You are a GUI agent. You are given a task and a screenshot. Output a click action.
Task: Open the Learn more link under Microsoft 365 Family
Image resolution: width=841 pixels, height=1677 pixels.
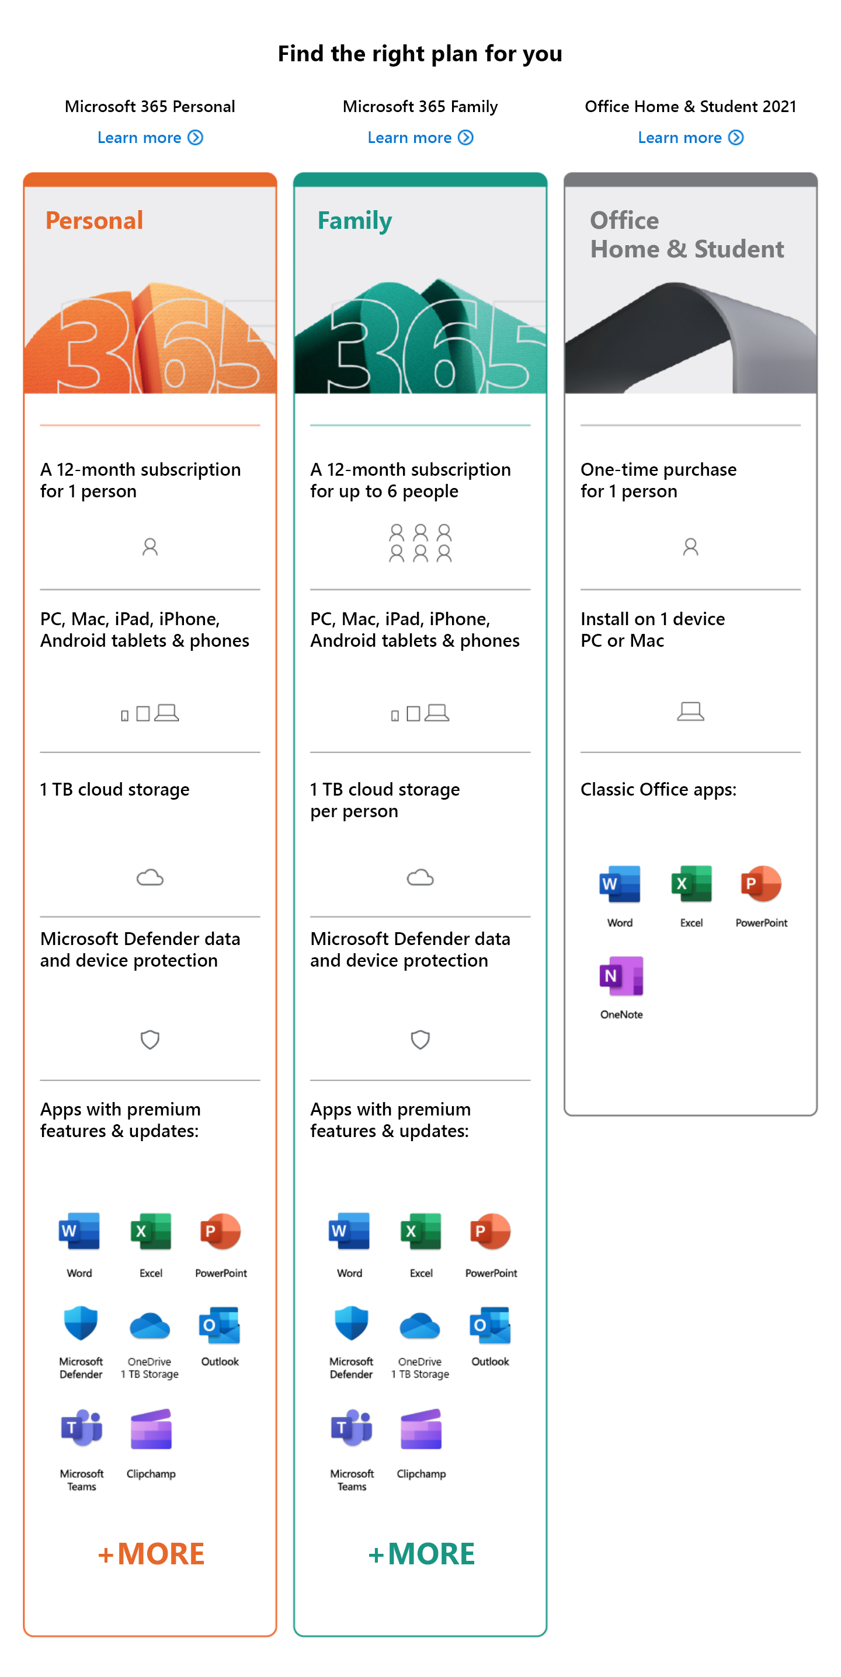419,137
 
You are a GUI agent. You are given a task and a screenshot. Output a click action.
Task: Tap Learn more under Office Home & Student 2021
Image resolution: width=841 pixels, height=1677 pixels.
690,137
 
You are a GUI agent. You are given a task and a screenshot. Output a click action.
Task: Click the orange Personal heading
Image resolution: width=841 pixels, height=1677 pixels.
94,221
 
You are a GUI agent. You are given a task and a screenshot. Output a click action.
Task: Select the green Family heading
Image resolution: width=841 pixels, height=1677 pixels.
355,221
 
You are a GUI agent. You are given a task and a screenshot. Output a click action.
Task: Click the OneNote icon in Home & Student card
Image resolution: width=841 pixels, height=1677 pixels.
621,976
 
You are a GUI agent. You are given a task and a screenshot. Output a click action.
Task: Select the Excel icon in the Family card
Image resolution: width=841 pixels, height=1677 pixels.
421,1231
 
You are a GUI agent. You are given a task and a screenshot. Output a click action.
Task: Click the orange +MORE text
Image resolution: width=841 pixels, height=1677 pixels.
151,1554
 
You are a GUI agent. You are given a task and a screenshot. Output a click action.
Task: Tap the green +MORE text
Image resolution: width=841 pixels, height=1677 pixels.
421,1554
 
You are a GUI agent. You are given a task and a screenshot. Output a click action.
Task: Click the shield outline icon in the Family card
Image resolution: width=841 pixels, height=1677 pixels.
420,1040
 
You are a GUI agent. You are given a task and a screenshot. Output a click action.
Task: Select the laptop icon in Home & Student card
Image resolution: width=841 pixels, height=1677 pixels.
690,711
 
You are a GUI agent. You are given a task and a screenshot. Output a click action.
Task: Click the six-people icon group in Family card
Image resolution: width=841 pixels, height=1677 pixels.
420,543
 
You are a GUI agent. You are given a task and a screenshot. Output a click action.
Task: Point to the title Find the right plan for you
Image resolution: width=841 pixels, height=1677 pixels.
420,53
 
